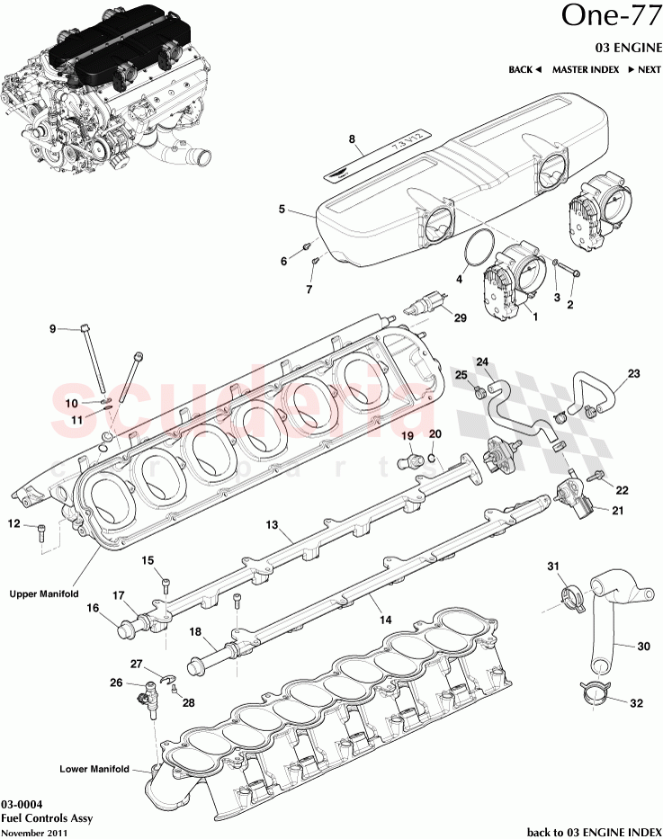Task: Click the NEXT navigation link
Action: tap(643, 69)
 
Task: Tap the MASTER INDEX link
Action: tap(586, 69)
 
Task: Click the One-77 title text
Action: tap(612, 17)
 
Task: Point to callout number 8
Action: tap(353, 139)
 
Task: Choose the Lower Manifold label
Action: tap(94, 769)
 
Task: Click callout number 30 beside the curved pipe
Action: tap(642, 647)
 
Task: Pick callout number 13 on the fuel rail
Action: tap(269, 522)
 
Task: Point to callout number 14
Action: tap(385, 620)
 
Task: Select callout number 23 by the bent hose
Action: tap(633, 373)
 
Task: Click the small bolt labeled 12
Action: tap(41, 533)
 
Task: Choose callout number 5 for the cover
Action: tap(282, 209)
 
